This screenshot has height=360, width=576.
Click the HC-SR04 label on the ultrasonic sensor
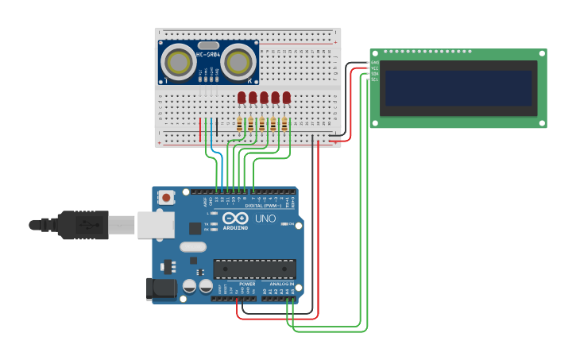(x=208, y=55)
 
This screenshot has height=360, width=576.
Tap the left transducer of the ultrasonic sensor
(x=177, y=61)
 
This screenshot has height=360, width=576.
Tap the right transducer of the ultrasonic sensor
(x=238, y=61)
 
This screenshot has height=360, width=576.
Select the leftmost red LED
(x=242, y=97)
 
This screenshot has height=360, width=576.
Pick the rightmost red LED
(x=286, y=97)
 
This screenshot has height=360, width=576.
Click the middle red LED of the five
(x=264, y=97)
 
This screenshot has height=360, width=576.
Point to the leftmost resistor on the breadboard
(x=240, y=123)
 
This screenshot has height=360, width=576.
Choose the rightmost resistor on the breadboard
(x=284, y=123)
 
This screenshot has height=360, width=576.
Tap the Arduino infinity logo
(x=235, y=218)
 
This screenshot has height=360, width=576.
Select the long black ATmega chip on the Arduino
(x=254, y=269)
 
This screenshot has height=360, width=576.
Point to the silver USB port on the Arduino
(x=155, y=225)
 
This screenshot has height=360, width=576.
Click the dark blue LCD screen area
(x=458, y=87)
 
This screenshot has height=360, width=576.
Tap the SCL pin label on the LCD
(x=375, y=79)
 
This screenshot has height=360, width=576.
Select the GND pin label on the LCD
(x=375, y=63)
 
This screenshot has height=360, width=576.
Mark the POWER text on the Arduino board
(x=247, y=284)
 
